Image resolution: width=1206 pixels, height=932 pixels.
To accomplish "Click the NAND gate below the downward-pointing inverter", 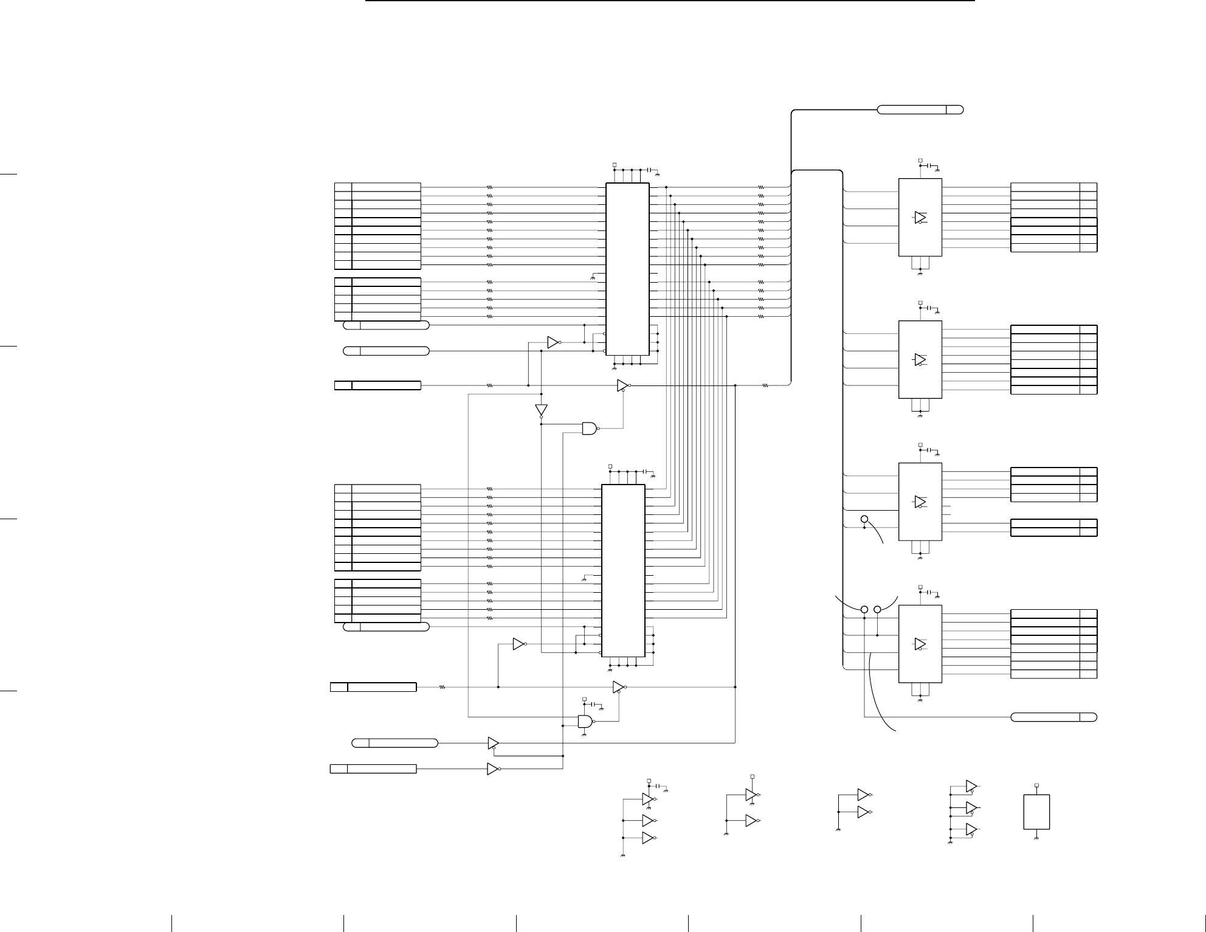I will tap(590, 429).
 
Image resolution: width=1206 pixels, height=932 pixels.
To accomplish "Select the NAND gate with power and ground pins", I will tap(585, 722).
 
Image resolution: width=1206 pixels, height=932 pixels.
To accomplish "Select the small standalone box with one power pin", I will tap(1036, 812).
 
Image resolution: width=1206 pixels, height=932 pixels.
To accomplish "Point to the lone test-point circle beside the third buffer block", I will tap(864, 519).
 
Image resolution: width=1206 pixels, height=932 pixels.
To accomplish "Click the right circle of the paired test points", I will tap(877, 609).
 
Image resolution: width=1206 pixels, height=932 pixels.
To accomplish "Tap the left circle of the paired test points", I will tap(864, 609).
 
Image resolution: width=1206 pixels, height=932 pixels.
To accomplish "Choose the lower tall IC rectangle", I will tap(623, 570).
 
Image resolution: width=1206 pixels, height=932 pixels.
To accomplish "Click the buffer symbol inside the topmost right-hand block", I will tap(920, 218).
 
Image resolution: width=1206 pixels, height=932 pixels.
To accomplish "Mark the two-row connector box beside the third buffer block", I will tap(1053, 527).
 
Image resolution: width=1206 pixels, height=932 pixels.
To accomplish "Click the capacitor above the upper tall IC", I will tap(649, 168).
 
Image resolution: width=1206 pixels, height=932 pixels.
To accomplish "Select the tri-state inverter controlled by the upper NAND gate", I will tap(622, 385).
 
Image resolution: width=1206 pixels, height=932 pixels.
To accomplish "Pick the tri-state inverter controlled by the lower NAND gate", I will tap(618, 687).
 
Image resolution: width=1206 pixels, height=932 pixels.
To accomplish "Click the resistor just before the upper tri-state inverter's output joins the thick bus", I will tap(766, 385).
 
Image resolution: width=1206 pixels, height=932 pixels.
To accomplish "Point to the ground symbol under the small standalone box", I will tap(1036, 839).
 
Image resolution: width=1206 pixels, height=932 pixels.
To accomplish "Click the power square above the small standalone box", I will tap(1036, 785).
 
